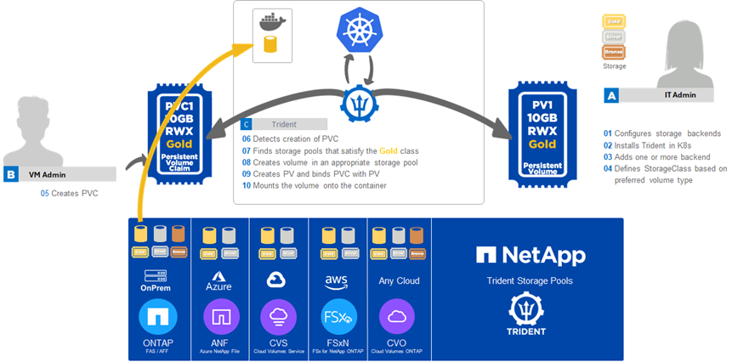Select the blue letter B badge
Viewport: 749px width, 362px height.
[11, 174]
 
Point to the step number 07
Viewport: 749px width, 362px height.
[247, 150]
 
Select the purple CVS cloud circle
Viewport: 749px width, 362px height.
[278, 317]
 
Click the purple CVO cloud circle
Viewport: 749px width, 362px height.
[397, 317]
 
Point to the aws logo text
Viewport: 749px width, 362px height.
[338, 281]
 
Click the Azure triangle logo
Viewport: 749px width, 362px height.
[218, 277]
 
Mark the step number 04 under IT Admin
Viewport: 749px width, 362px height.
[609, 168]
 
